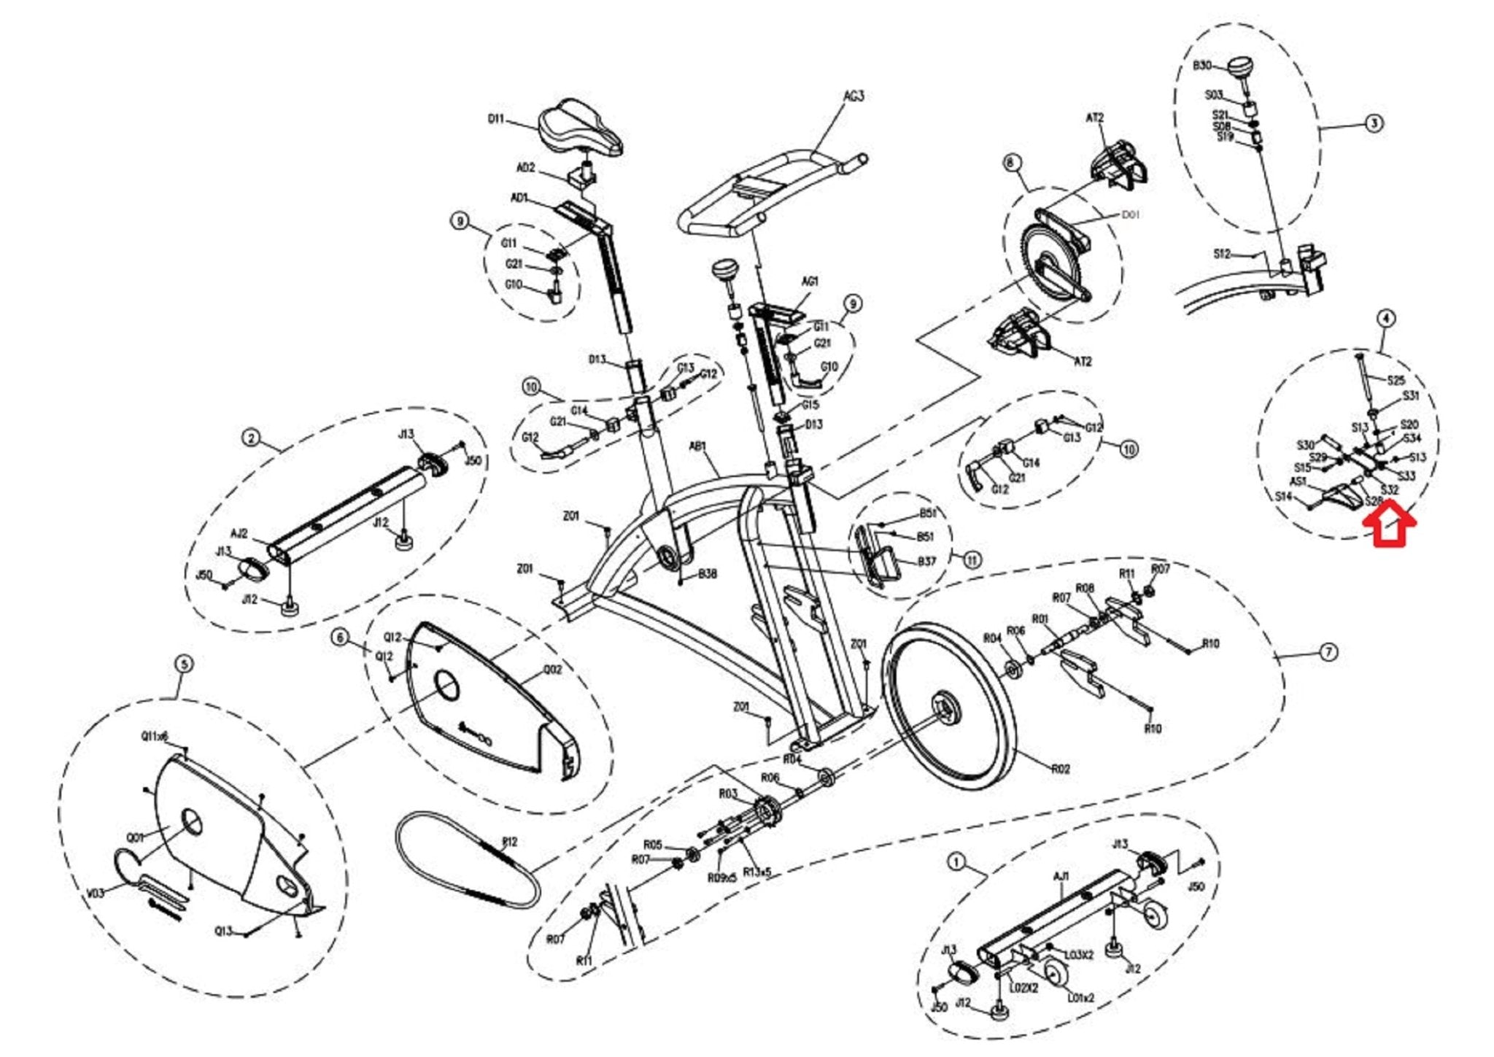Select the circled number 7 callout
coord(1328,652)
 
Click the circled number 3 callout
coord(1374,123)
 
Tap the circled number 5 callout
coord(184,664)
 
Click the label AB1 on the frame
coord(698,446)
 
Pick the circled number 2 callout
coord(251,438)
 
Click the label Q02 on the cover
coord(553,669)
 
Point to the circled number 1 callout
coord(956,862)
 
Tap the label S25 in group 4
coord(1396,380)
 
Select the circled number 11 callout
coord(972,560)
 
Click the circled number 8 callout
coord(1010,163)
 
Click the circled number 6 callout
coord(340,638)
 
